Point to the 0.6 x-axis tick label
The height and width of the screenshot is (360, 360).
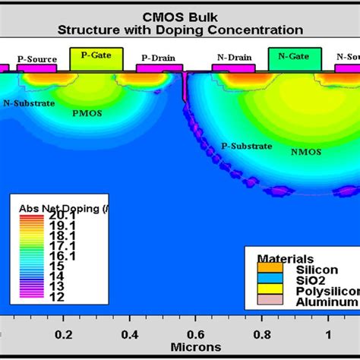coord(195,333)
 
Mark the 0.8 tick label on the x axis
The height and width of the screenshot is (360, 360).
coord(261,333)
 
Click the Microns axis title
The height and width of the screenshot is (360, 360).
coord(197,347)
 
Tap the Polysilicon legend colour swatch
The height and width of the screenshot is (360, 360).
coord(269,290)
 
